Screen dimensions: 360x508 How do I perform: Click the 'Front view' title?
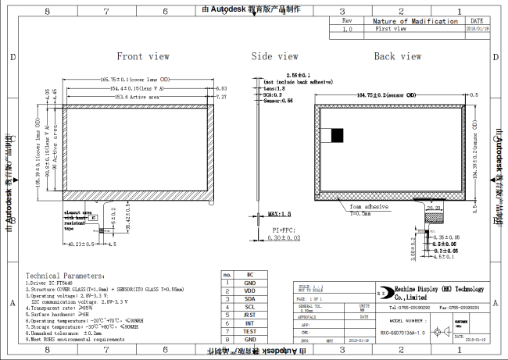[x=143, y=56]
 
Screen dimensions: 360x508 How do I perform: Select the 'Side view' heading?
[x=274, y=56]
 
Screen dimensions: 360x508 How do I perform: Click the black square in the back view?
[x=338, y=135]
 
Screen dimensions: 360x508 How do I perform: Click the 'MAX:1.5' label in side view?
[x=278, y=213]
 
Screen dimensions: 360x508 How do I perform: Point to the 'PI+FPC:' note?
[x=284, y=230]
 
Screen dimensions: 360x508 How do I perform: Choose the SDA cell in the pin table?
[x=250, y=298]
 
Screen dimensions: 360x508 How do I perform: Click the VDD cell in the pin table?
[x=250, y=290]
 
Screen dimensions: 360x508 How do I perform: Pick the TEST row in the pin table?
[x=250, y=331]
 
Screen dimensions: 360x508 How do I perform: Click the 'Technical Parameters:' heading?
[x=64, y=276]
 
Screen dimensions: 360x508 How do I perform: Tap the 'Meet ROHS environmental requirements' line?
[x=76, y=340]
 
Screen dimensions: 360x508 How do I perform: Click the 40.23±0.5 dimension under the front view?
[x=81, y=244]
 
